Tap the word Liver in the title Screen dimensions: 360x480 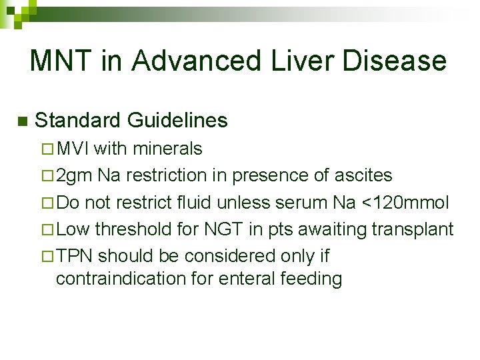click(x=295, y=61)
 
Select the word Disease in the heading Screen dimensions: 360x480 click(x=394, y=61)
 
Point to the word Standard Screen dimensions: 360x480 click(x=77, y=121)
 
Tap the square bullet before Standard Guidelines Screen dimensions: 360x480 click(x=21, y=121)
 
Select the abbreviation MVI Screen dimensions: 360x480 click(x=74, y=148)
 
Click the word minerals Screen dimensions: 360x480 click(x=170, y=148)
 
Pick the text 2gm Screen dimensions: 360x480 click(x=75, y=175)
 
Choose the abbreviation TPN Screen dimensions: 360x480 click(x=75, y=256)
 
